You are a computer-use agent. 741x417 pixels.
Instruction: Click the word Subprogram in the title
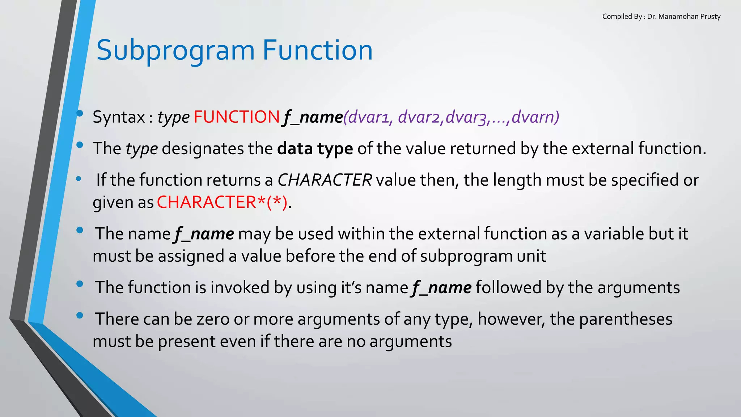tap(175, 51)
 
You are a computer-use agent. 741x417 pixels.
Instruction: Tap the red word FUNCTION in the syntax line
tap(237, 117)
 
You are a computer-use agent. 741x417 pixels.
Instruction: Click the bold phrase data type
tap(315, 149)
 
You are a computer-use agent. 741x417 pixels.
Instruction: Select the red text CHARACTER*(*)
tap(222, 202)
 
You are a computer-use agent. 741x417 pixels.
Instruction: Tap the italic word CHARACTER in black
tap(325, 180)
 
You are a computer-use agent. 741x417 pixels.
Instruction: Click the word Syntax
tap(119, 117)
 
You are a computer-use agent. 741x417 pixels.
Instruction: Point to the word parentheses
tap(626, 319)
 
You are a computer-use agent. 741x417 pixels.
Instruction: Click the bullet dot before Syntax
tap(80, 114)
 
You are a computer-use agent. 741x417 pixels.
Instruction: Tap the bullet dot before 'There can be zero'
tap(80, 316)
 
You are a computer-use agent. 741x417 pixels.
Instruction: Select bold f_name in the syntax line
tap(313, 117)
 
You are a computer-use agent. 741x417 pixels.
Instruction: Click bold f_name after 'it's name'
tap(442, 288)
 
